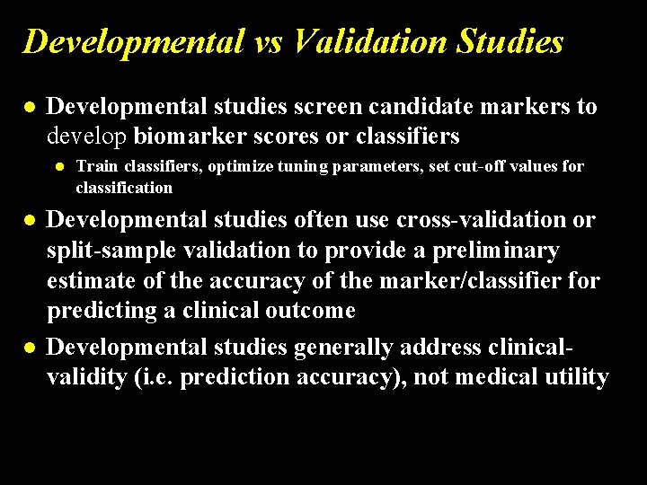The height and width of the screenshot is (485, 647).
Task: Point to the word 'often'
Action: [317, 220]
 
